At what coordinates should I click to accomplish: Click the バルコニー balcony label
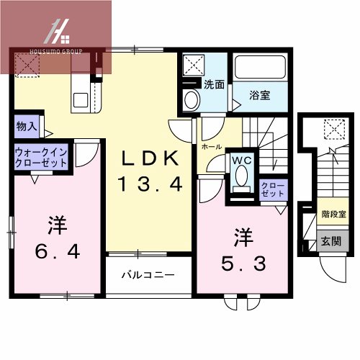click(x=148, y=275)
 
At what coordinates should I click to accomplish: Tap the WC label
click(x=240, y=160)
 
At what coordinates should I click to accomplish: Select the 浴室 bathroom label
click(x=261, y=94)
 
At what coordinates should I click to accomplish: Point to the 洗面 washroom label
click(x=213, y=85)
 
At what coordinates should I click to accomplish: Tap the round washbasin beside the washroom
click(x=192, y=100)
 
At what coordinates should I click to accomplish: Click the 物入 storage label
click(x=26, y=126)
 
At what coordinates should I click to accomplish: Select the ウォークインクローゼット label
click(x=42, y=158)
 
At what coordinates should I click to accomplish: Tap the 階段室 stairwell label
click(x=333, y=214)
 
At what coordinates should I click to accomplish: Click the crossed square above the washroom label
click(x=193, y=66)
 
